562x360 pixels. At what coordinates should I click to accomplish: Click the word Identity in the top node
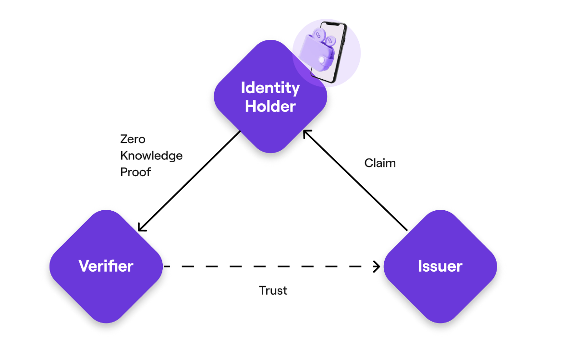[x=270, y=88]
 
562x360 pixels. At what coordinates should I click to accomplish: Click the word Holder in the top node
[x=270, y=107]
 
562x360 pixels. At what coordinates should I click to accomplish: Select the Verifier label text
[x=106, y=266]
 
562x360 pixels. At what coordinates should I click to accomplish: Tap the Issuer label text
[x=440, y=266]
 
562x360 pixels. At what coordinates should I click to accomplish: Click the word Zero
[x=133, y=139]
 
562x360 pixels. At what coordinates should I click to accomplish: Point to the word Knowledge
[x=151, y=156]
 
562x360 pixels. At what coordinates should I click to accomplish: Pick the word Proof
[x=135, y=172]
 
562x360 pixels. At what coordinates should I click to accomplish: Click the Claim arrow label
[x=380, y=163]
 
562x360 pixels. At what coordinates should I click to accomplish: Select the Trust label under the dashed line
[x=273, y=290]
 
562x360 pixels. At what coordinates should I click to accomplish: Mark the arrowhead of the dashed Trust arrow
[x=378, y=266]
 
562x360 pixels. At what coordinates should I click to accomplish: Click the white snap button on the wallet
[x=320, y=60]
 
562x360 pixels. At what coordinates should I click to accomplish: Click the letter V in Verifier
[x=84, y=266]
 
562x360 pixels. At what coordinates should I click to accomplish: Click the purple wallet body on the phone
[x=312, y=53]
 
